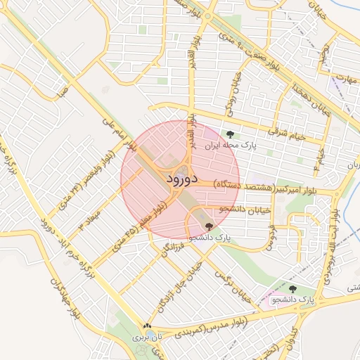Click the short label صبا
pyautogui.click(x=63, y=91)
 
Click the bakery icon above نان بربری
pyautogui.click(x=147, y=326)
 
